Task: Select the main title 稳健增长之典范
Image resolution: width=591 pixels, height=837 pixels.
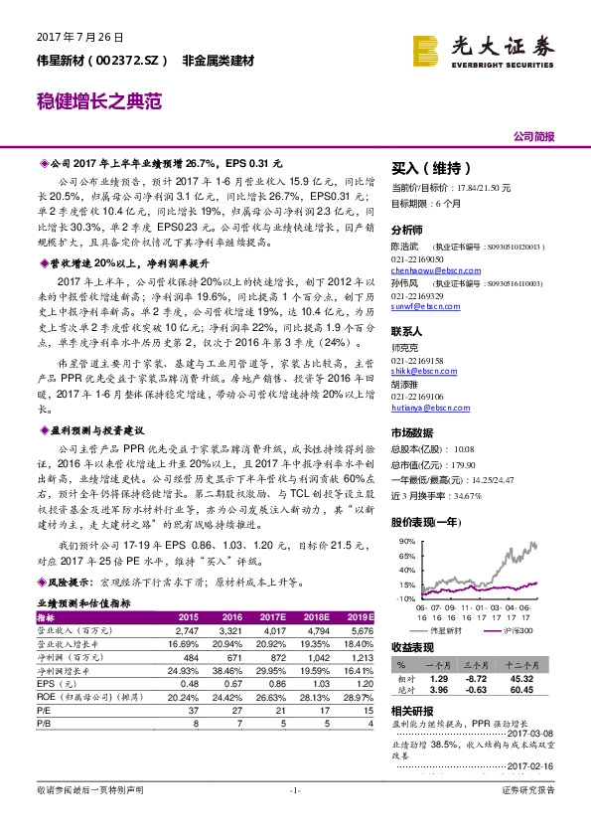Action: point(98,100)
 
